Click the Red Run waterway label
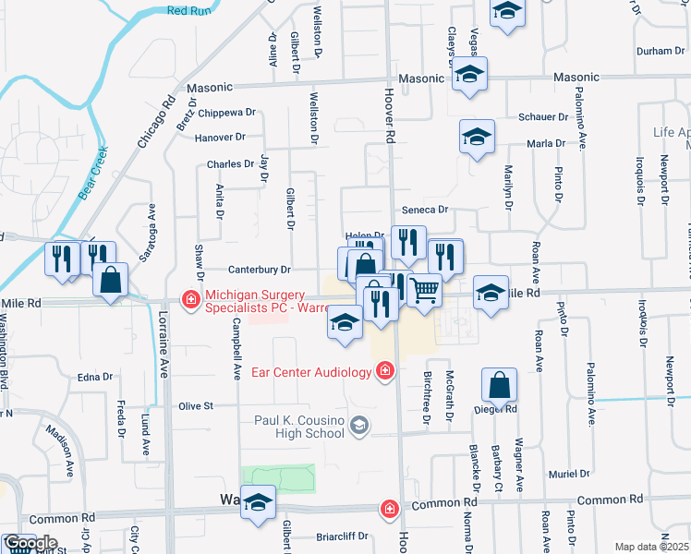[x=190, y=10]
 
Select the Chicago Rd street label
[x=156, y=123]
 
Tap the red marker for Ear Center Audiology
[x=385, y=372]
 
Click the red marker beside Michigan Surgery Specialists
[x=190, y=299]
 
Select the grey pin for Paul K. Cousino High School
[x=358, y=426]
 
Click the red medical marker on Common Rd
[x=391, y=508]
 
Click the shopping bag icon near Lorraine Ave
[x=111, y=281]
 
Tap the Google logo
[x=30, y=544]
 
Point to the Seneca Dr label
[x=425, y=210]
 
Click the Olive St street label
[x=196, y=405]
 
